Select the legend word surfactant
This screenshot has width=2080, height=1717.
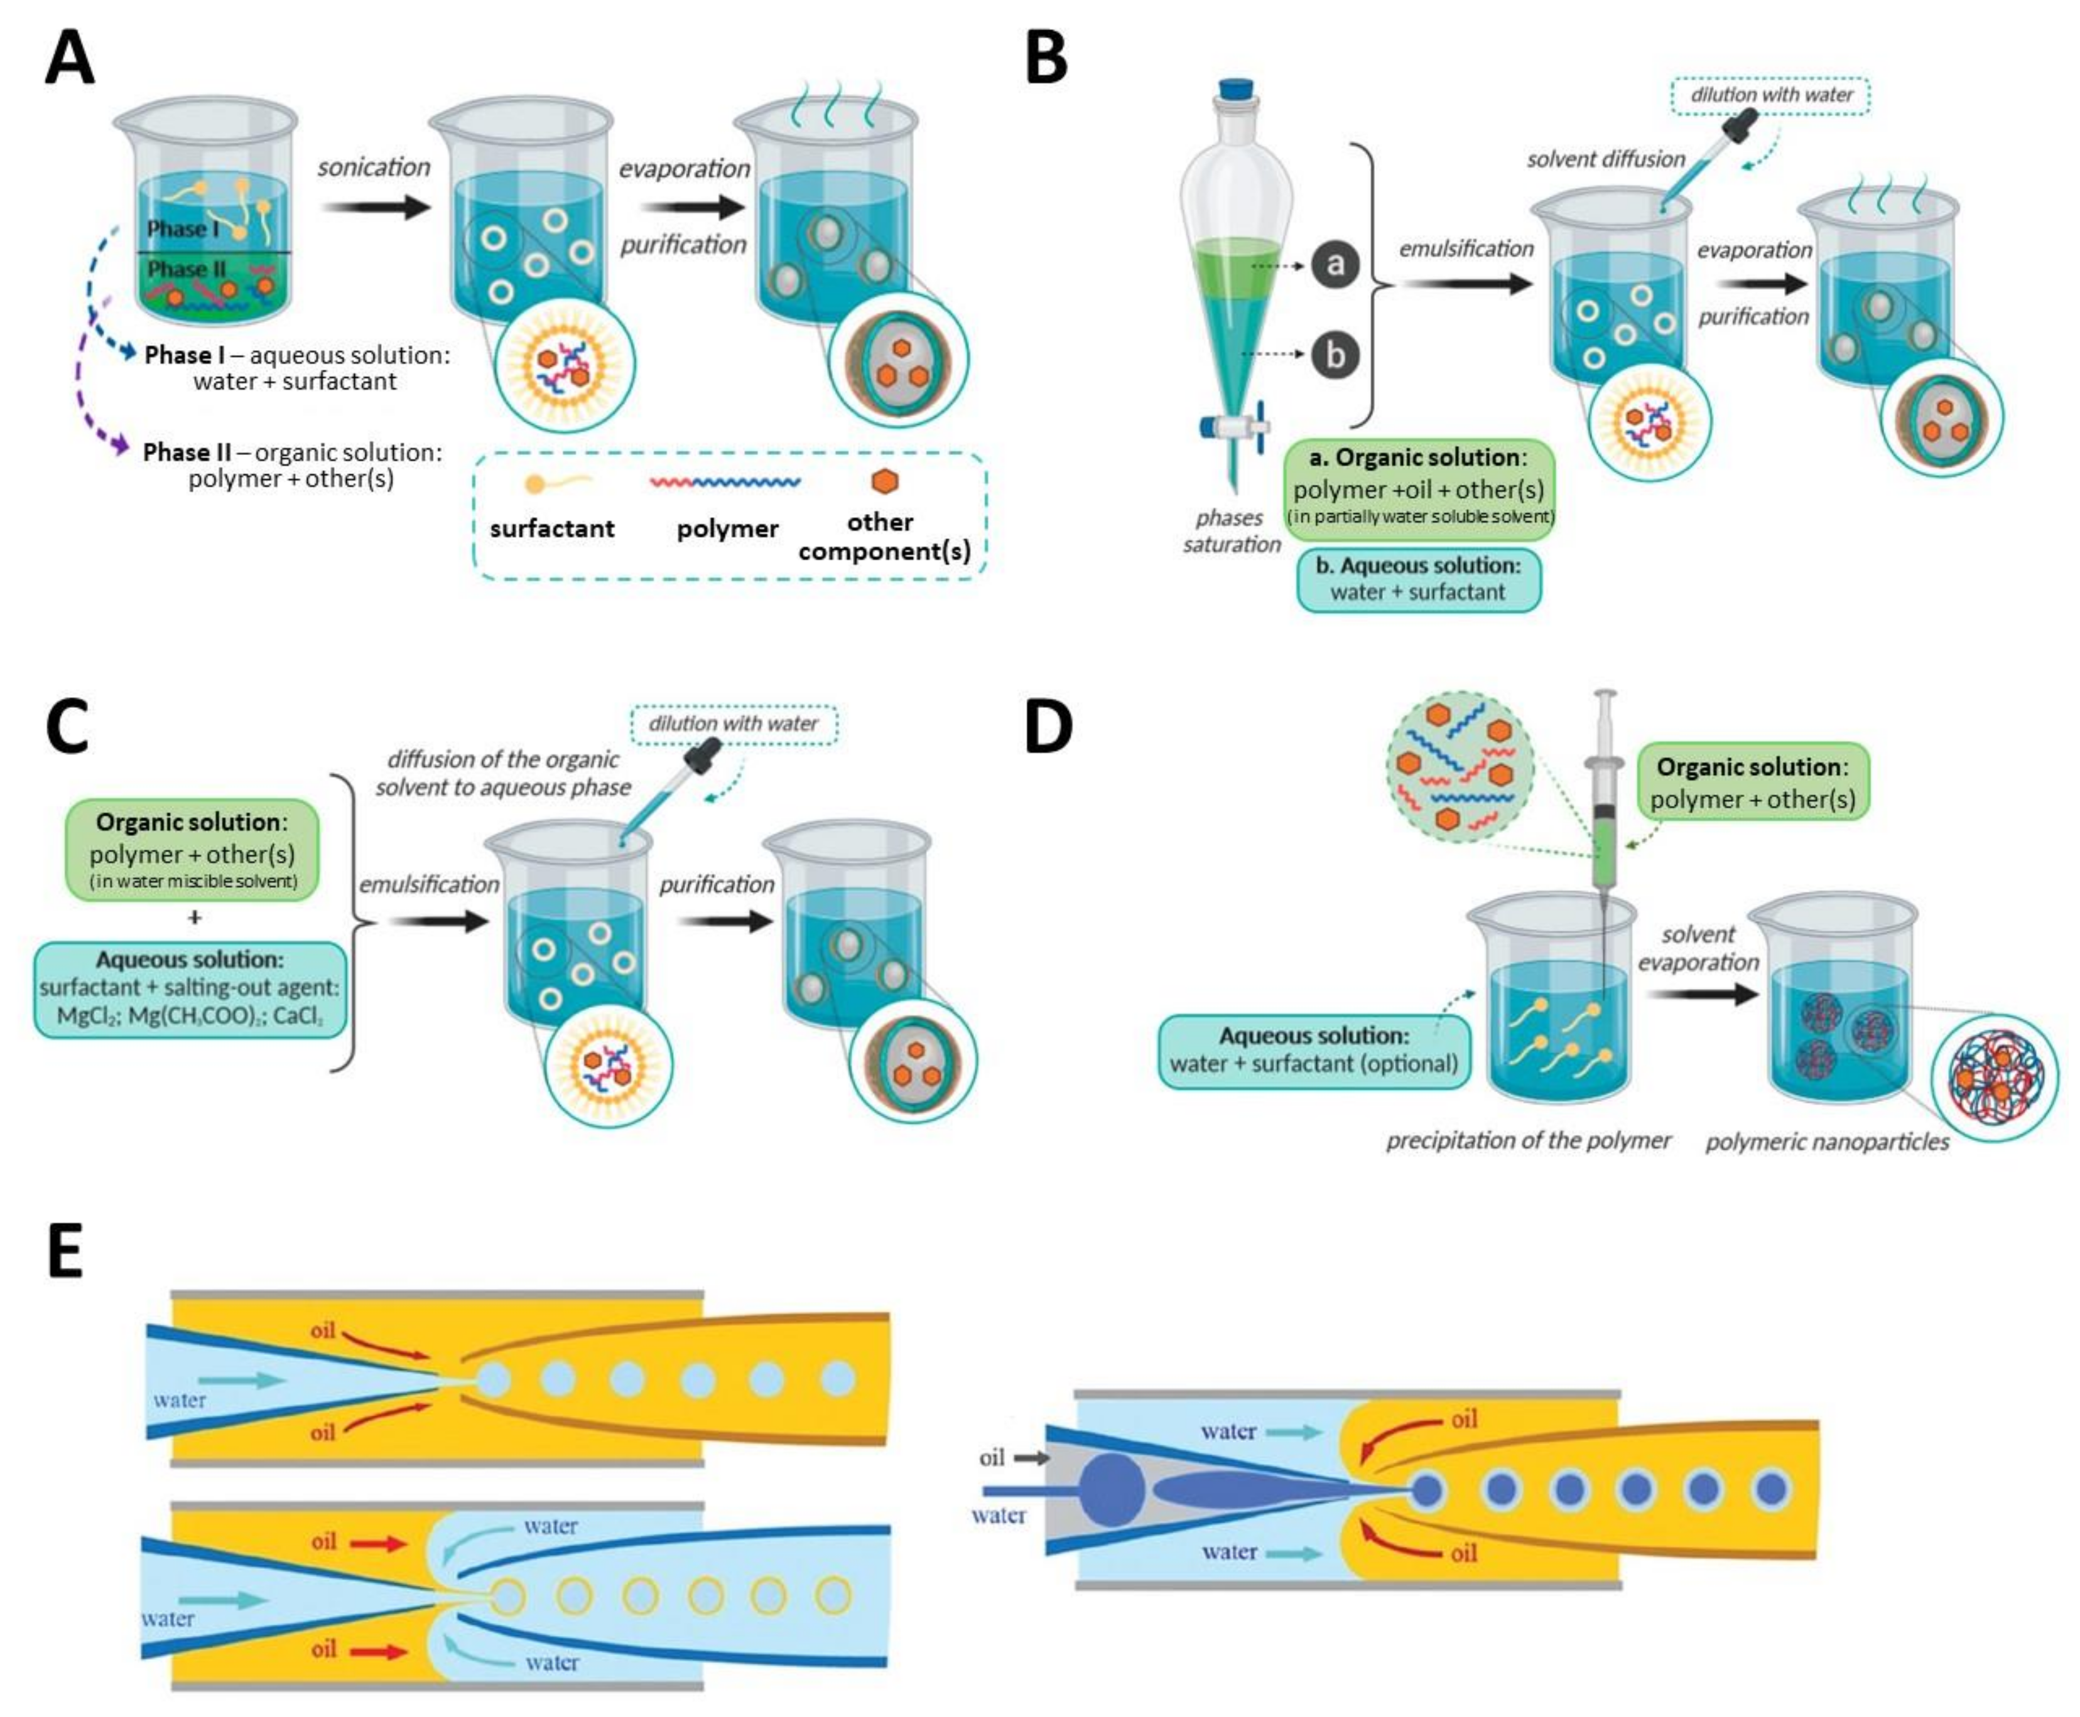[551, 528]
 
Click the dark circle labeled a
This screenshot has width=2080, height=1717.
[1335, 264]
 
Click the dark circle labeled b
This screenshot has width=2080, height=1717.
[1335, 354]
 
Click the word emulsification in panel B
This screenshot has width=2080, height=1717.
[1466, 249]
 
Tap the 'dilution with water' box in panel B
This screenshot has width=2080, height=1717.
[1770, 95]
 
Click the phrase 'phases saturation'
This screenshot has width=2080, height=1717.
[1230, 531]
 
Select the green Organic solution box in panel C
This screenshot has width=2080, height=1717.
[192, 850]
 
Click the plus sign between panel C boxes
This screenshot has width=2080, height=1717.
[195, 918]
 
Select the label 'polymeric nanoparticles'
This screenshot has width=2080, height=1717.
[1827, 1142]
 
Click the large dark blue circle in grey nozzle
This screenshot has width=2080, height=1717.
[1111, 1490]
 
